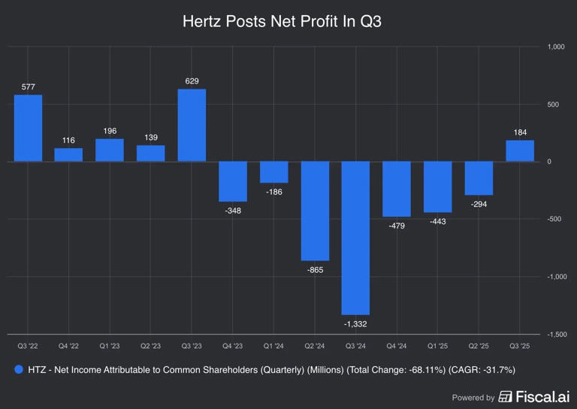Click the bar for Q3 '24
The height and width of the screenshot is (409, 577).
coord(355,238)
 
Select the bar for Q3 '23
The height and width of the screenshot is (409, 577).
coord(192,125)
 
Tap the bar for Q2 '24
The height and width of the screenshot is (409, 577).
coord(315,211)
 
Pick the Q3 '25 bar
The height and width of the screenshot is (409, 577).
coord(520,150)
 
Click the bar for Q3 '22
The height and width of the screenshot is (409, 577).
coord(28,128)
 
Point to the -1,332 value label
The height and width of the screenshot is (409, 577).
coord(355,325)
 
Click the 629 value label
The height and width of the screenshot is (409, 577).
coord(192,80)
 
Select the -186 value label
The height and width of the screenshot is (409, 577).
coord(273,192)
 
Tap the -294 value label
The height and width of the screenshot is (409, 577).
coord(479,204)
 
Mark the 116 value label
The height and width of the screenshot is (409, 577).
coord(68,140)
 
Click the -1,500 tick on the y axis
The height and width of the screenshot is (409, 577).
coord(557,334)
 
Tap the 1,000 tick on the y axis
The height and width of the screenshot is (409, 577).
coord(557,47)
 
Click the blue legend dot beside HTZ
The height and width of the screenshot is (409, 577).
coord(19,370)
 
